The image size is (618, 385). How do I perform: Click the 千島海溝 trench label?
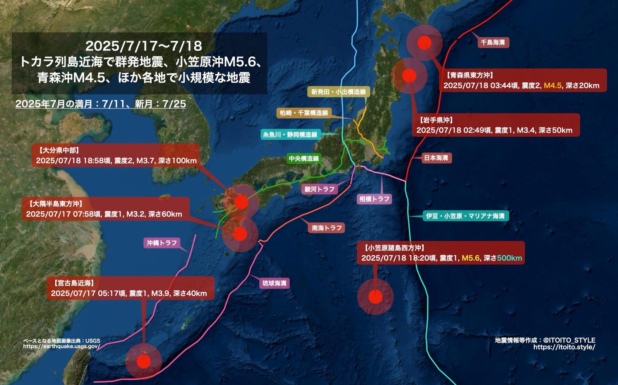coord(493,42)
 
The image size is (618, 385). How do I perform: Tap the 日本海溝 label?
coord(436,158)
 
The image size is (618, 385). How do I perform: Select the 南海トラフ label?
coord(327,228)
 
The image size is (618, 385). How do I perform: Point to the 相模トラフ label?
coord(374,199)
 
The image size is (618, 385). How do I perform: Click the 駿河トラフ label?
coord(320,189)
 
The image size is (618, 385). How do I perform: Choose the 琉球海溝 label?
coord(274,283)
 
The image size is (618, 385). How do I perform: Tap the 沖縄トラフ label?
coord(162,243)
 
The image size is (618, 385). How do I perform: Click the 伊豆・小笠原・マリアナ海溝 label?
coord(465,216)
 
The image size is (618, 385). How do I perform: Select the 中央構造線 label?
coord(304,158)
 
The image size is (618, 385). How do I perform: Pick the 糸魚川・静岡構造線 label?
coord(290,135)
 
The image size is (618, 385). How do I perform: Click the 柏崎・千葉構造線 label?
coord(304,113)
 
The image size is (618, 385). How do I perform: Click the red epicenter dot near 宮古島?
coord(144,362)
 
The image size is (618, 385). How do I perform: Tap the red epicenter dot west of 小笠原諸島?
coord(375,297)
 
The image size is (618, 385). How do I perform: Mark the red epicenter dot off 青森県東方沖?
coord(424,42)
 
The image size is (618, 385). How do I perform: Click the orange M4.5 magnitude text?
coord(553,86)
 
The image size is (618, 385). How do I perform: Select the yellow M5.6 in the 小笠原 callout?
coord(471,258)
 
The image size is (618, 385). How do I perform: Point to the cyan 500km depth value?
coord(509,258)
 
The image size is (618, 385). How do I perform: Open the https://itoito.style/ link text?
coord(564,347)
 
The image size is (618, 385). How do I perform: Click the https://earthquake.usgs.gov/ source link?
coord(61,346)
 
